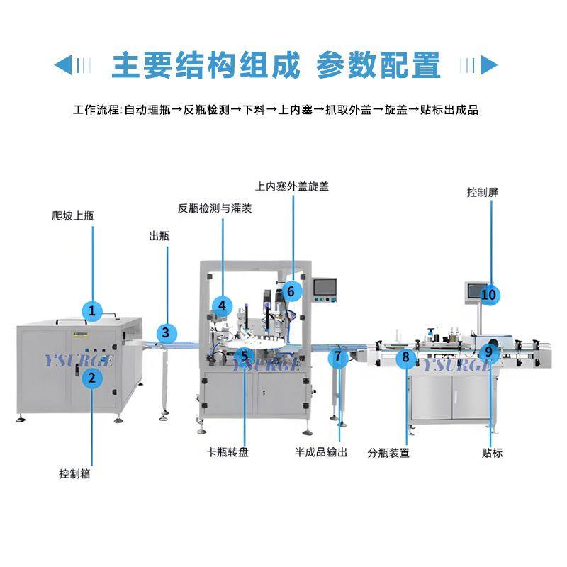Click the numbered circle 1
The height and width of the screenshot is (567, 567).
click(91, 310)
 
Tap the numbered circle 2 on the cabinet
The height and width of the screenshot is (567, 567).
click(91, 377)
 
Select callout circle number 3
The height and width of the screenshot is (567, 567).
click(165, 331)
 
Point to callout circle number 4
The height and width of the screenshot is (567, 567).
click(222, 305)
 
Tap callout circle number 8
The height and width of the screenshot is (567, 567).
click(406, 357)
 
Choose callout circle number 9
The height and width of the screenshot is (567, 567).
click(488, 351)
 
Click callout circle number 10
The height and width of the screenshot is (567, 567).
click(489, 293)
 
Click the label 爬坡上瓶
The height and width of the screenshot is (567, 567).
click(73, 215)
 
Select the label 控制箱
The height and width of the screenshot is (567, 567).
click(74, 473)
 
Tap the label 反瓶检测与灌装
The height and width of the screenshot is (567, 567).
click(215, 208)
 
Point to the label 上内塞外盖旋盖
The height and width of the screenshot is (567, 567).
click(292, 186)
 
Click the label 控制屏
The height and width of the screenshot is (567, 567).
click(483, 192)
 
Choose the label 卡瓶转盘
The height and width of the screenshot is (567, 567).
click(228, 451)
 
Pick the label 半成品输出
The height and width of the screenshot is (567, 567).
click(321, 451)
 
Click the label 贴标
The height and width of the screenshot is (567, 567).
click(492, 452)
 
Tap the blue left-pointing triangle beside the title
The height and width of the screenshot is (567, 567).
click(63, 65)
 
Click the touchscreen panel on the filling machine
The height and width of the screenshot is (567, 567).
click(325, 287)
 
